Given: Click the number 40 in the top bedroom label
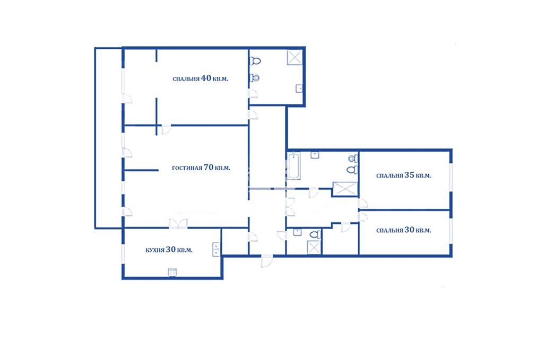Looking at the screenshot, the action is point(206,78).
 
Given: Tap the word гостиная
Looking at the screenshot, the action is point(187,168).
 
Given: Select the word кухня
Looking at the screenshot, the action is point(154,250).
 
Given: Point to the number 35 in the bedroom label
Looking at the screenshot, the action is point(410,175).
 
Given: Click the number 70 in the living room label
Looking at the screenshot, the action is point(209,168).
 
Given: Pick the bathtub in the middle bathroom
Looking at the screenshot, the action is point(293,165).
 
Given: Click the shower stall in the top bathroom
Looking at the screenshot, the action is point(295,58).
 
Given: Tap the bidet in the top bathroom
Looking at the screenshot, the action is point(255,78).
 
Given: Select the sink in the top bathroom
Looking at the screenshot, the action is point(299,89).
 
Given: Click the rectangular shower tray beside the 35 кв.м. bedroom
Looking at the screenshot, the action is point(345,189).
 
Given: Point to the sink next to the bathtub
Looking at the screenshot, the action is point(315,155).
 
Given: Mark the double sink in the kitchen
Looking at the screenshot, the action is point(216,249).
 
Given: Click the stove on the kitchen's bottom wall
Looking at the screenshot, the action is point(172,272).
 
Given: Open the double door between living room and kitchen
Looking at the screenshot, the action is point(178,224).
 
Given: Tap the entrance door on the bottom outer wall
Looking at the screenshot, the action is point(267,261).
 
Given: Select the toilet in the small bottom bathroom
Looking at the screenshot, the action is point(315,234).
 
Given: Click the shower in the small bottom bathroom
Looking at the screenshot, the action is point(314,248).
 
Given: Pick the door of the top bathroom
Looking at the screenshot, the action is point(253,93).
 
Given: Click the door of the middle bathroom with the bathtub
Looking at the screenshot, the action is point(314,192).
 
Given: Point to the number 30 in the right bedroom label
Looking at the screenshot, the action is point(410,230).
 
